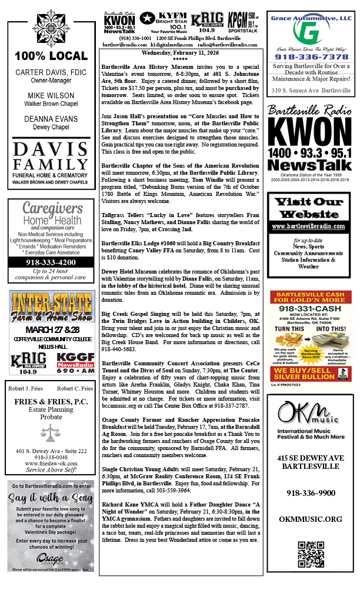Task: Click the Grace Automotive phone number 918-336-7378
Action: click(310, 57)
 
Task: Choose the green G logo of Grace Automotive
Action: click(310, 33)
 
